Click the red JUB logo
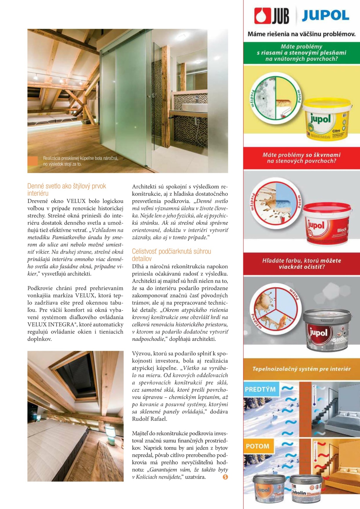click(271, 16)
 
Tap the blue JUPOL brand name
click(325, 16)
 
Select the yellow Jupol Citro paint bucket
click(327, 119)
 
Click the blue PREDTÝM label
click(260, 389)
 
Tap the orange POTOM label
click(258, 446)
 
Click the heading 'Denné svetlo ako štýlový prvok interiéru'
click(66, 189)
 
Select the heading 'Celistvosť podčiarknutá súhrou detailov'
click(171, 255)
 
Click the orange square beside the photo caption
click(33, 161)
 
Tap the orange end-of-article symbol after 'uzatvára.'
click(225, 477)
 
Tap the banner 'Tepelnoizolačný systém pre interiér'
click(301, 369)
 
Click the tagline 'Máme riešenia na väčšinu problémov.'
click(301, 34)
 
